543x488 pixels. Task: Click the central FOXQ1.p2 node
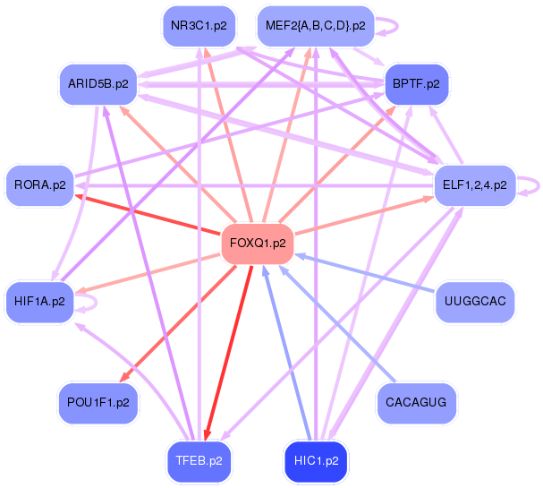(258, 244)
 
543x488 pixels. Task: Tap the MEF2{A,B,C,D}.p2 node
(314, 25)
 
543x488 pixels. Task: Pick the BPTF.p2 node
(415, 83)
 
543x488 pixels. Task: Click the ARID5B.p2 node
(98, 84)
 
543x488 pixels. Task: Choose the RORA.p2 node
(39, 185)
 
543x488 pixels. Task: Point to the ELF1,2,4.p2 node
(474, 185)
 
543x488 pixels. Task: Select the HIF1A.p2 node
(39, 301)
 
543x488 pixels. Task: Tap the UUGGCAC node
(474, 301)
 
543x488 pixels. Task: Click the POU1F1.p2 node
(98, 402)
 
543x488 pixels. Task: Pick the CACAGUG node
(416, 402)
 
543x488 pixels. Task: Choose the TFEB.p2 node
(199, 461)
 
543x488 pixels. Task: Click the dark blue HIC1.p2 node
(315, 461)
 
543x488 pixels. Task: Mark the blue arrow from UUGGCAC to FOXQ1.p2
(367, 272)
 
